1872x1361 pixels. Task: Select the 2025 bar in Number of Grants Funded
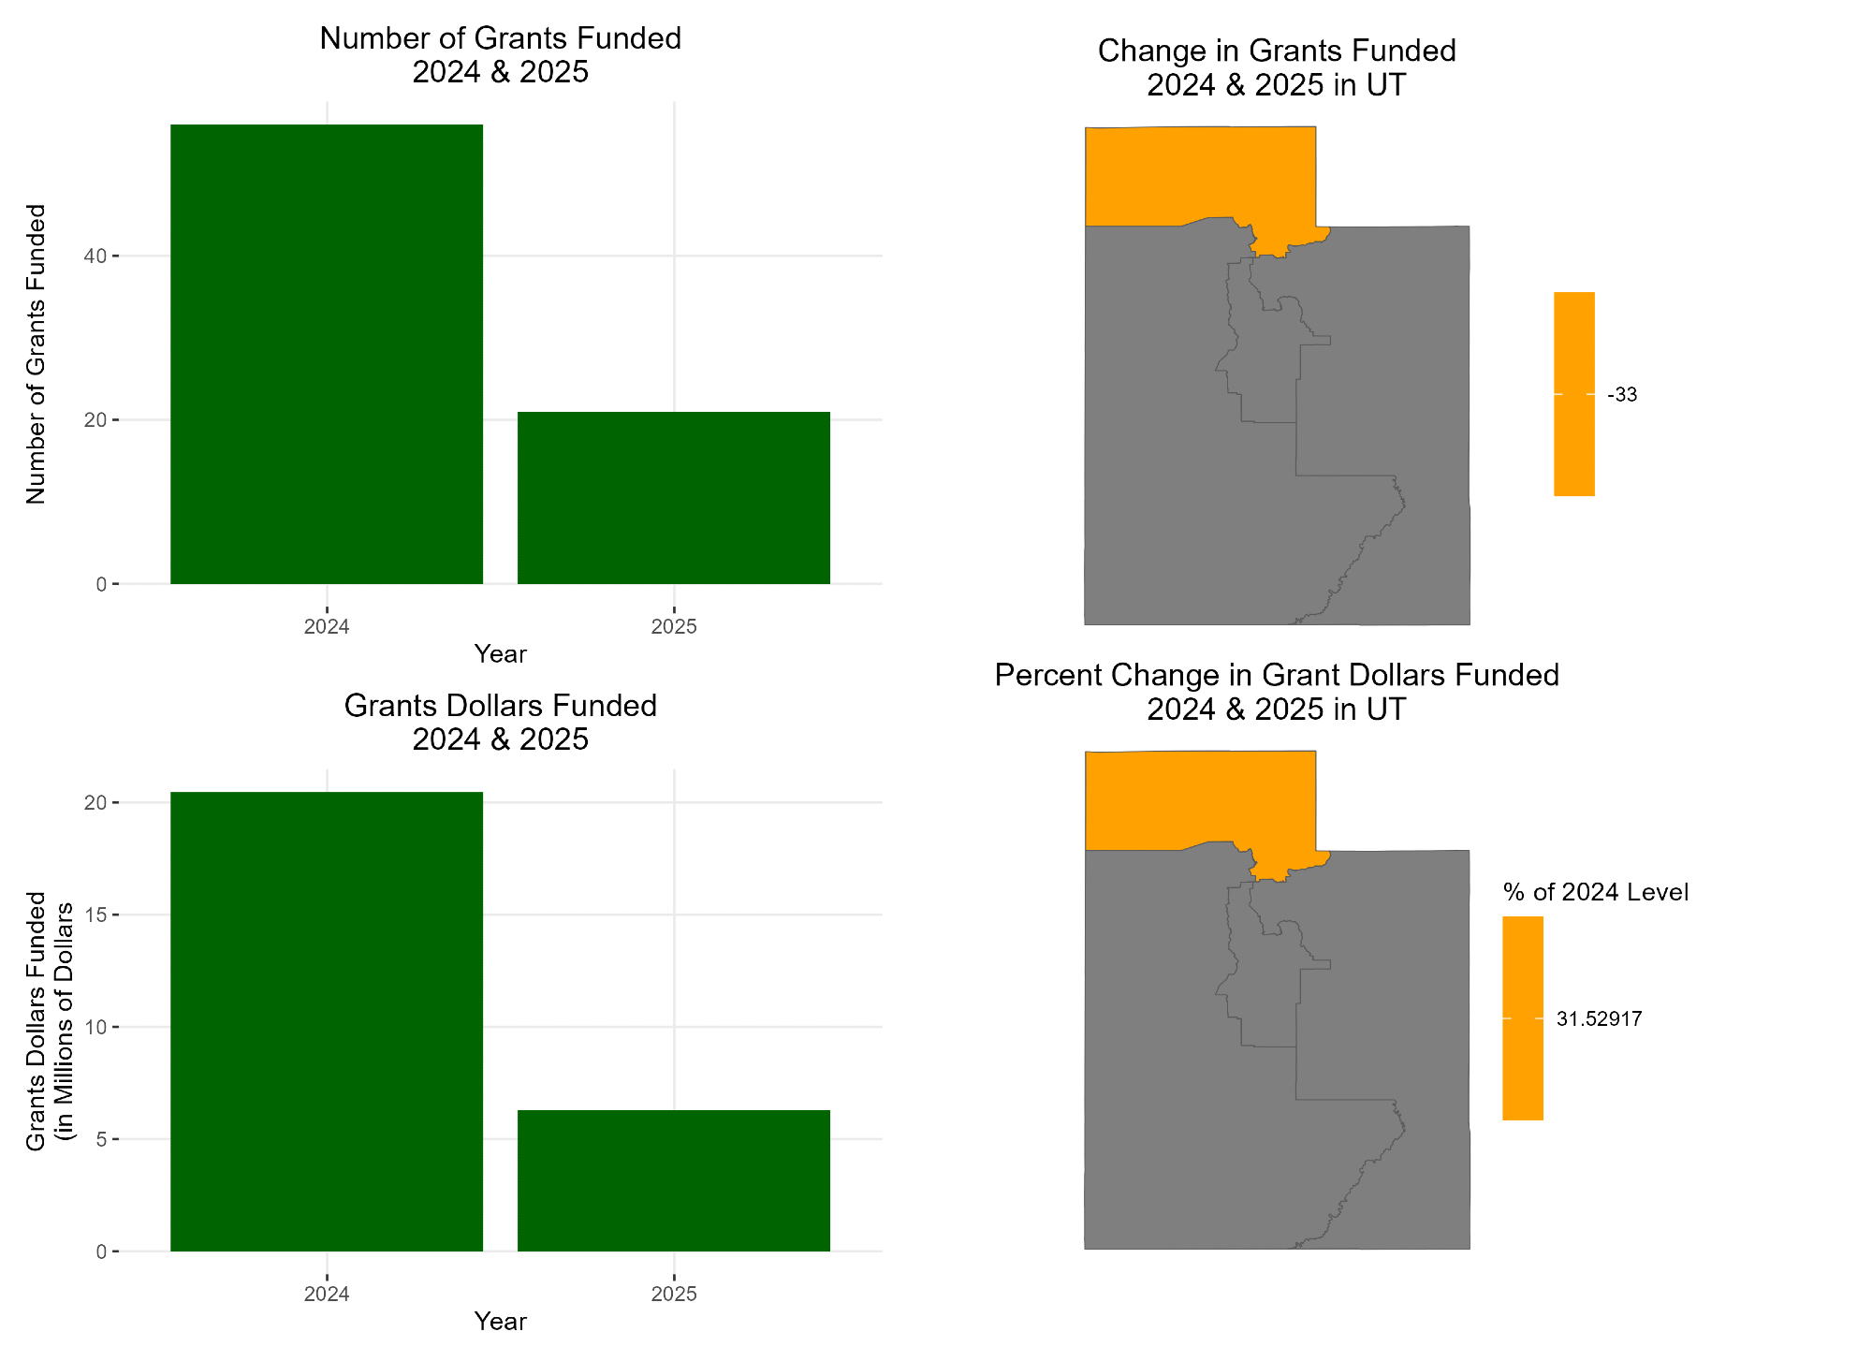click(x=673, y=497)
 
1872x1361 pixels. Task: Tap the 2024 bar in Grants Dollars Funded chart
click(x=326, y=1020)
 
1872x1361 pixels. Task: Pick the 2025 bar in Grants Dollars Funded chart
click(x=673, y=1179)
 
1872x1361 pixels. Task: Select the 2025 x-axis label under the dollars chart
click(x=673, y=1294)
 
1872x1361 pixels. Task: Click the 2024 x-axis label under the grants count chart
click(x=326, y=626)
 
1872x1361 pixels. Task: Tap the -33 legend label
click(x=1622, y=395)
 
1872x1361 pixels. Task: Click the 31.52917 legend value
click(x=1599, y=1018)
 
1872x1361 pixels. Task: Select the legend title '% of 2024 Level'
click(x=1595, y=892)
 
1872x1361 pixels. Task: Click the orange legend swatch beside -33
click(x=1573, y=393)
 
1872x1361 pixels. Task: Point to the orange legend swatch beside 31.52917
click(x=1522, y=1017)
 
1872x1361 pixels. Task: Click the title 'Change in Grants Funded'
click(x=1276, y=51)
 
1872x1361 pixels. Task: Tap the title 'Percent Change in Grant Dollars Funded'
click(x=1276, y=675)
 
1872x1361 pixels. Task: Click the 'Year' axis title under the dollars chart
click(x=500, y=1321)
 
